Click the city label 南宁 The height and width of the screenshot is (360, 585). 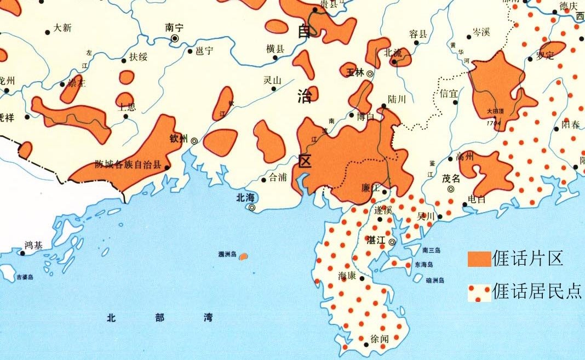point(174,27)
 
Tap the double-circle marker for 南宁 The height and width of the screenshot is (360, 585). point(175,38)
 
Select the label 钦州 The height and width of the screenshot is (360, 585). point(179,138)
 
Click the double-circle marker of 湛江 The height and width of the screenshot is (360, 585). point(392,242)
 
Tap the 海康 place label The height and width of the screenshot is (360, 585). point(348,276)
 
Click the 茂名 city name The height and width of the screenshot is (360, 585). point(451,178)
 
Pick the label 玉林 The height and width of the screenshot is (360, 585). point(355,72)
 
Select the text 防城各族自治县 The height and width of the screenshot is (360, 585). point(128,163)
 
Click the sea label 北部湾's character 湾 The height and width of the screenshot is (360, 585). point(208,317)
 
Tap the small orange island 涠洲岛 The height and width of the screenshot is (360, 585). point(244,256)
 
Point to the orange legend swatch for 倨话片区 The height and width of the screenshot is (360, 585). point(479,259)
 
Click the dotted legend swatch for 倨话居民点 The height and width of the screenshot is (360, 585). point(479,293)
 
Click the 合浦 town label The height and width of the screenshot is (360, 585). point(277,178)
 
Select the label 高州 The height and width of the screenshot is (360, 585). point(466,157)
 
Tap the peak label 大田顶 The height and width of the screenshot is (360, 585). point(496,111)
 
